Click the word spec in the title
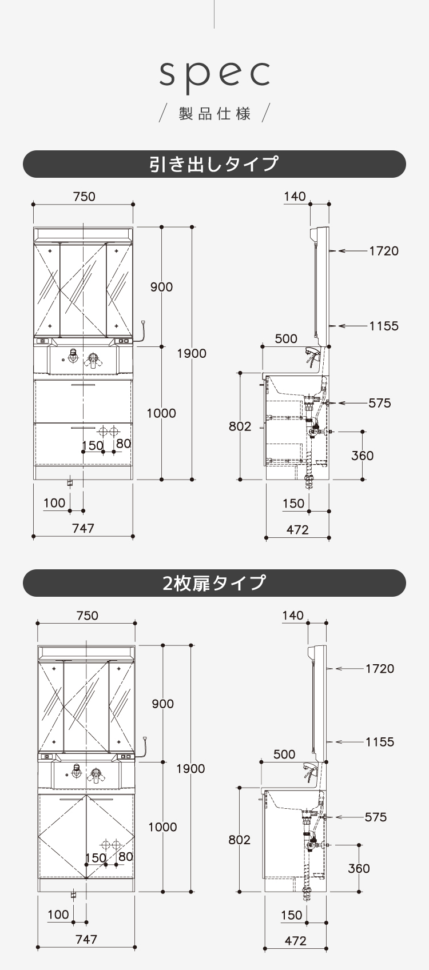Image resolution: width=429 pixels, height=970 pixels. [x=214, y=74]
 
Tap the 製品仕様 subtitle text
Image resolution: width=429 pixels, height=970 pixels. [x=214, y=114]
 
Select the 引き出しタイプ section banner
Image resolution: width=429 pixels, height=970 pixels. [x=214, y=164]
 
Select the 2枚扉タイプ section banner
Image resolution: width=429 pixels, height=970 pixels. [x=214, y=583]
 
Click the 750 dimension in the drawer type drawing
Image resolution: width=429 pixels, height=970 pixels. [x=84, y=197]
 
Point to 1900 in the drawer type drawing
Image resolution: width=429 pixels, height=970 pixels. [x=192, y=353]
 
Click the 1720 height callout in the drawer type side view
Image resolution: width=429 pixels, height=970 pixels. [x=383, y=250]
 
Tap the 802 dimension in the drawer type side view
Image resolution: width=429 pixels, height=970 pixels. [x=240, y=426]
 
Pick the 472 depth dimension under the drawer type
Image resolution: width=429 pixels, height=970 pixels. [x=297, y=530]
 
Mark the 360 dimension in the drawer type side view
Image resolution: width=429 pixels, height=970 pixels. [x=362, y=456]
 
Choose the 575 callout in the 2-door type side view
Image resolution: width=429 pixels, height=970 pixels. [x=376, y=817]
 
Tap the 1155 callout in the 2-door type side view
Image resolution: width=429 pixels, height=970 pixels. [x=380, y=742]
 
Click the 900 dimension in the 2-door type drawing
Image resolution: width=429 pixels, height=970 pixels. [x=163, y=704]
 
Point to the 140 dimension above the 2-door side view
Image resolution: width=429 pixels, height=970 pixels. [x=293, y=616]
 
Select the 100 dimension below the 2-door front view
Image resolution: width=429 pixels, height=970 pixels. [x=58, y=915]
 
